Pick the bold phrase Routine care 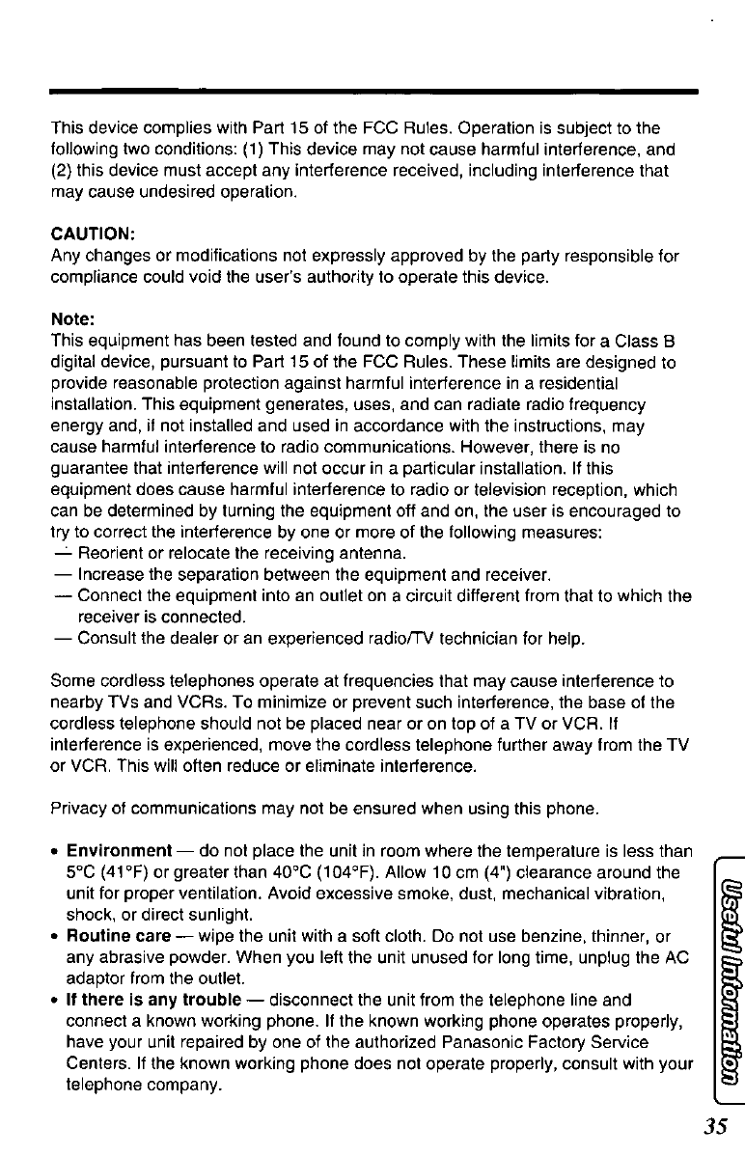coord(115,935)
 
